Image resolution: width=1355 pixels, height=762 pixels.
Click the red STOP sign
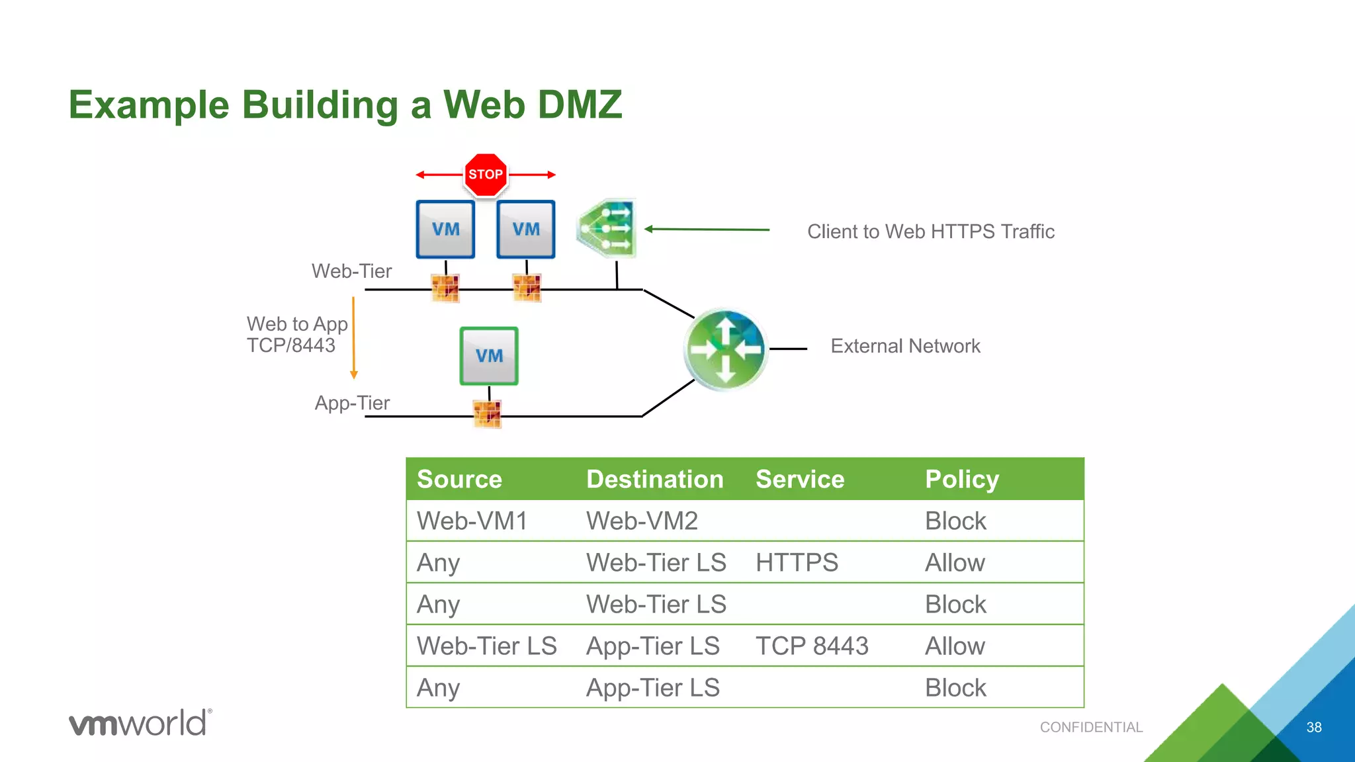486,175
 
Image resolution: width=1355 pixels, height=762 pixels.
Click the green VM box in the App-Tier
489,356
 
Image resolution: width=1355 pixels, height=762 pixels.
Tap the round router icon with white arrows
726,349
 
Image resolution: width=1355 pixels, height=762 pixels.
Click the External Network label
905,346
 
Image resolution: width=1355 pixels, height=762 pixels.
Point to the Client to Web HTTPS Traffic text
930,232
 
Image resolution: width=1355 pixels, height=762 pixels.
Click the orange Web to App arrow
354,337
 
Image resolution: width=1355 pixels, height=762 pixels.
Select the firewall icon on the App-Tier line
488,414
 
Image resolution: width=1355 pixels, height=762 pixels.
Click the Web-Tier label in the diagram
351,271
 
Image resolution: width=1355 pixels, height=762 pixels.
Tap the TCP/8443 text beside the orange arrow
291,345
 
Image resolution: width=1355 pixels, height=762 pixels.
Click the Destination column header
654,480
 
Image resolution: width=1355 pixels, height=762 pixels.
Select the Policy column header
961,480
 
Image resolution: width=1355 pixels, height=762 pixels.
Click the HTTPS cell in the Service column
797,563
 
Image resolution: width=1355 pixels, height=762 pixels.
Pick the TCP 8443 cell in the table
812,646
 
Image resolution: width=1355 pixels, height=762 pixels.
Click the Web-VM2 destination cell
642,521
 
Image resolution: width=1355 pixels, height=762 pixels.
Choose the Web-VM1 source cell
472,521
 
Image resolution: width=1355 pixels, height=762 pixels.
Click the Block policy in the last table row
955,688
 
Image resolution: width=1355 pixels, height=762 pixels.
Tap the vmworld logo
140,723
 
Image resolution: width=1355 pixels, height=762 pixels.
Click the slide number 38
1313,728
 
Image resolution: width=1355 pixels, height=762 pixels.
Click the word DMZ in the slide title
579,105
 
